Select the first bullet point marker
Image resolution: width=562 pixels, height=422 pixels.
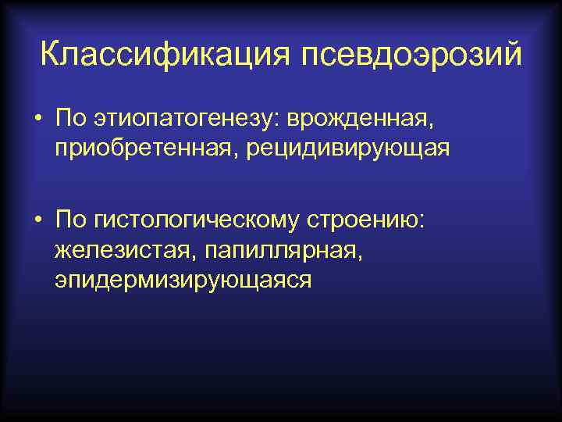click(37, 121)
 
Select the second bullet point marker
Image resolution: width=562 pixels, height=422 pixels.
click(37, 221)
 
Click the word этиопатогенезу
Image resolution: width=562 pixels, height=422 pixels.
click(187, 120)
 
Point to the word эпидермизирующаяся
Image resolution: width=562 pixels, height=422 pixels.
click(183, 279)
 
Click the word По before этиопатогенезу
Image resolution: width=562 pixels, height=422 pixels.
click(71, 120)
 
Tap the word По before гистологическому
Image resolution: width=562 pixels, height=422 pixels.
click(71, 220)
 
